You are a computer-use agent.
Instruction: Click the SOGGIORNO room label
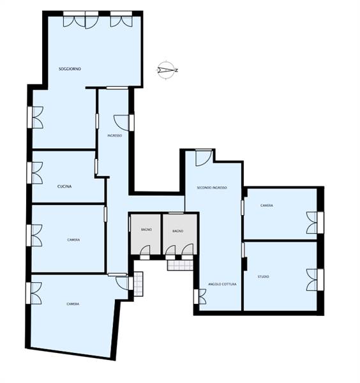70,69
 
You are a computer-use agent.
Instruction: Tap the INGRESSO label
114,135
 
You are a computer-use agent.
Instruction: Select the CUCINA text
64,186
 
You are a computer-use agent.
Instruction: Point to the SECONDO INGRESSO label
212,188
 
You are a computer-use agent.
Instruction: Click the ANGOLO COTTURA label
222,284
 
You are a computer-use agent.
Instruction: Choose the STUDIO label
264,276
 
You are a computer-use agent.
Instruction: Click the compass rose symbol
167,70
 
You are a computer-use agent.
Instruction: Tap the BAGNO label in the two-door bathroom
178,231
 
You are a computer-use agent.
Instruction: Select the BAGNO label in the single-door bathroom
146,230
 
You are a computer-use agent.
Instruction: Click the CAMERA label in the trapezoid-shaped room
73,304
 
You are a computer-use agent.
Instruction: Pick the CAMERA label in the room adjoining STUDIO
267,206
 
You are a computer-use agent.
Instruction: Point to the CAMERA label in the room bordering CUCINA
73,240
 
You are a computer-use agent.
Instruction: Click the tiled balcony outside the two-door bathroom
180,265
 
